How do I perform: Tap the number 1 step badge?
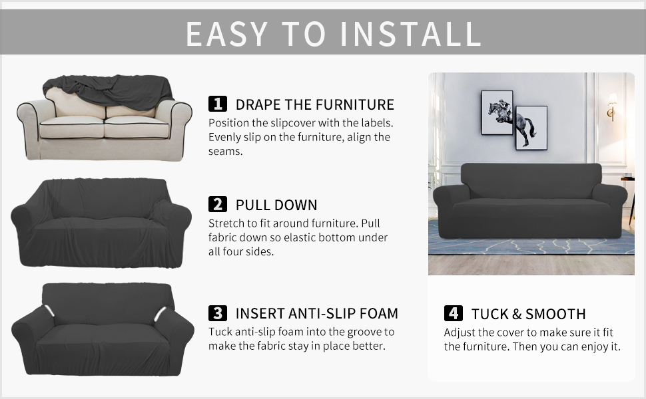(x=218, y=104)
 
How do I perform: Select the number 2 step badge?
(x=218, y=204)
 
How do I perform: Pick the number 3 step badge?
(x=218, y=313)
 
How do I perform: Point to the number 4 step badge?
(x=453, y=313)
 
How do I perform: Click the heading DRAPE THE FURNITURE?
(x=315, y=104)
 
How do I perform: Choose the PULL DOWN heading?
(x=276, y=205)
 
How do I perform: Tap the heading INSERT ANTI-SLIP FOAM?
(x=317, y=313)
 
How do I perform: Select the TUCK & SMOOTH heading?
(x=529, y=315)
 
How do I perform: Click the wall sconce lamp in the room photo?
(x=612, y=106)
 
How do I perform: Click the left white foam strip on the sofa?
(x=49, y=311)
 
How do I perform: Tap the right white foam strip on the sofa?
(x=160, y=314)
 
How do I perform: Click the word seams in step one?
(x=225, y=152)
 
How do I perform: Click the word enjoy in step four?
(x=593, y=346)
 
